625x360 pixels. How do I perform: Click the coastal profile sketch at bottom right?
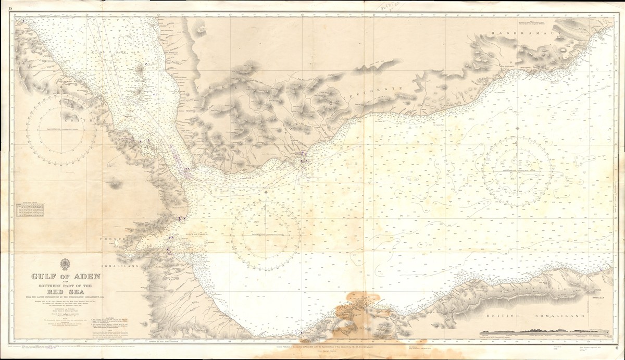pos(536,331)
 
